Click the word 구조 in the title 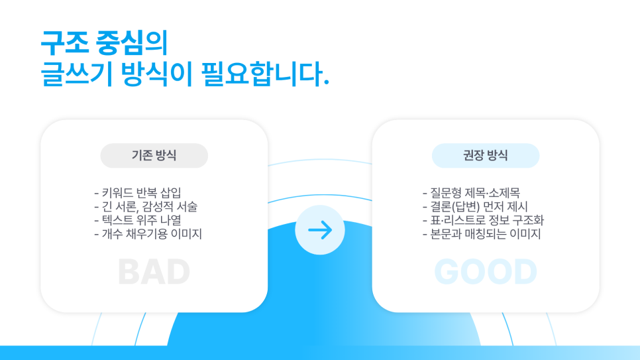tap(65, 43)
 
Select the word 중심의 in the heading tap(132, 43)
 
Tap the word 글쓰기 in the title tap(77, 74)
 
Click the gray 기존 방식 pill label tap(154, 156)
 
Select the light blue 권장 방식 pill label tap(486, 156)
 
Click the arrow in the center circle tap(320, 230)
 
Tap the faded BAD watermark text tap(154, 272)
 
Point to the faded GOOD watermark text tap(486, 272)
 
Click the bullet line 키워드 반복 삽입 tap(138, 192)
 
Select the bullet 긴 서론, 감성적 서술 tap(146, 206)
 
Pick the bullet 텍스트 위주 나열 tap(138, 220)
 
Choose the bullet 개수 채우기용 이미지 tap(148, 234)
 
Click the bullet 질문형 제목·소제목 tap(472, 192)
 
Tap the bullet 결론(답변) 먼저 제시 tap(475, 206)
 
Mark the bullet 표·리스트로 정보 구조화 tap(483, 220)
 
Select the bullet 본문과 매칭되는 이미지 tap(482, 234)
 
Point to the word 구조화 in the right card tap(528, 220)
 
